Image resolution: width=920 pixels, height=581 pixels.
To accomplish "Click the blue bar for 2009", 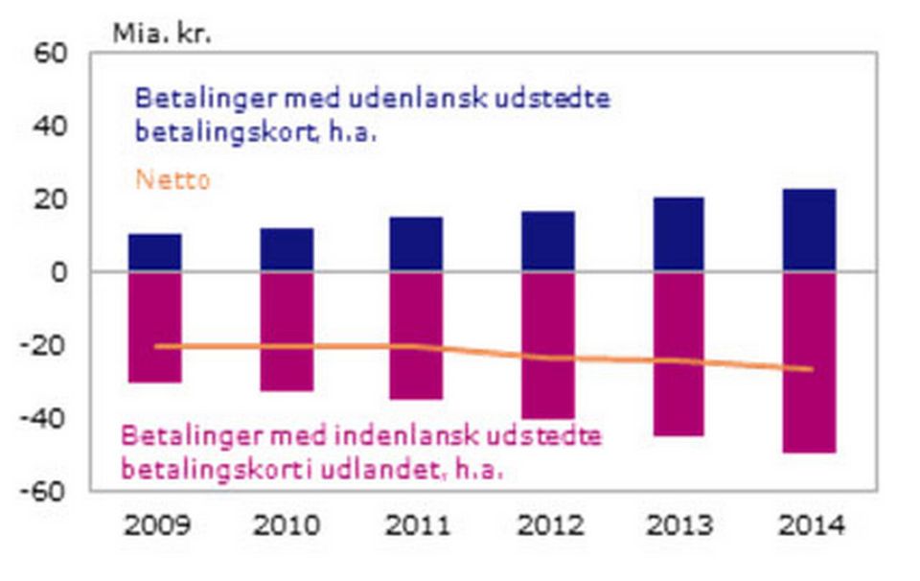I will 155,252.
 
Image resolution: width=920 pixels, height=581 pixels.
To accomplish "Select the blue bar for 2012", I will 548,241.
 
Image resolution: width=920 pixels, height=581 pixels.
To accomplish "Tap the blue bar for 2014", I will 810,230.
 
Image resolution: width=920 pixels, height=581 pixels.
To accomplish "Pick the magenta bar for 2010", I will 287,331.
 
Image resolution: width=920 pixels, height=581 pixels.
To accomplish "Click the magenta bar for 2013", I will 678,354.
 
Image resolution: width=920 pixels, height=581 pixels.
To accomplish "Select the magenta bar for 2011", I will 416,336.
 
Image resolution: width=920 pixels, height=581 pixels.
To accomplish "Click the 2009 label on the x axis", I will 156,526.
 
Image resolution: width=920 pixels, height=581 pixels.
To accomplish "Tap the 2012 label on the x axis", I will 549,526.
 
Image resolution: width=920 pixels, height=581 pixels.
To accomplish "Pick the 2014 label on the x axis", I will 811,526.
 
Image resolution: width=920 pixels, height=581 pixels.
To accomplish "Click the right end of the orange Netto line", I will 812,369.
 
